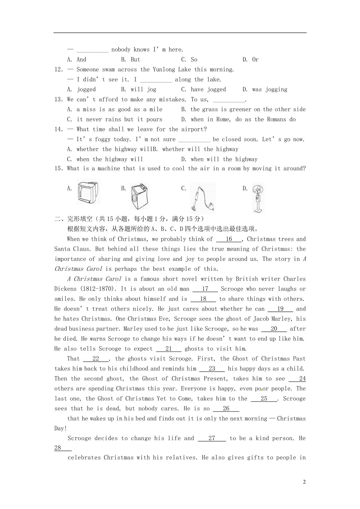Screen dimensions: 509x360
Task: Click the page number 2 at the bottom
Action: coord(304,482)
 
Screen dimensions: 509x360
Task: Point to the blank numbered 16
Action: coord(229,239)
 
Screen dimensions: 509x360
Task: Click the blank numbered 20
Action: coord(274,329)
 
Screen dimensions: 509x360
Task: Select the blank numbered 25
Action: coord(264,399)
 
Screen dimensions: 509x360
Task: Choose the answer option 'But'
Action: coord(135,59)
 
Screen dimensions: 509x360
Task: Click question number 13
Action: coord(59,100)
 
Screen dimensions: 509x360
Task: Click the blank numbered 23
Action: coord(212,369)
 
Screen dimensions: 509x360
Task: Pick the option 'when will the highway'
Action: coord(224,159)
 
